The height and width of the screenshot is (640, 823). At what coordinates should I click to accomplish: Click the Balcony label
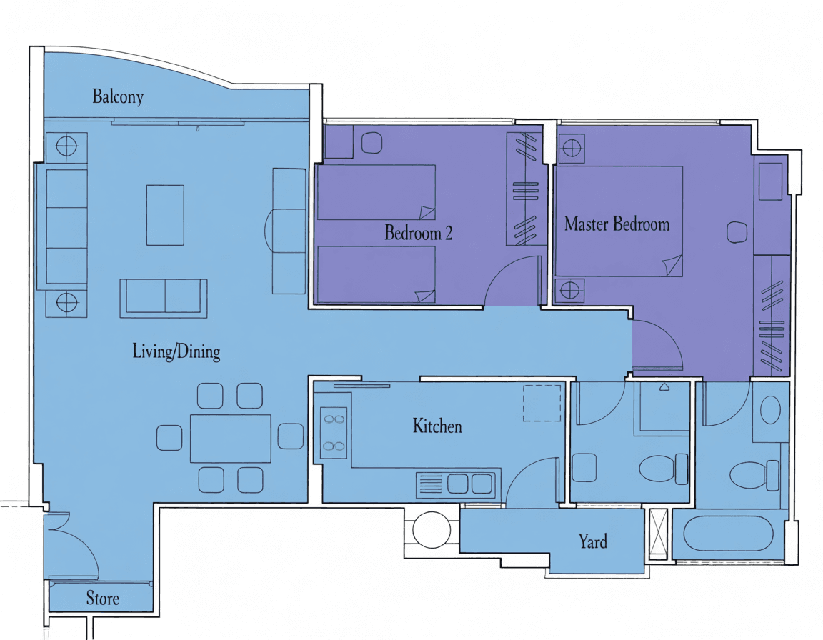(118, 96)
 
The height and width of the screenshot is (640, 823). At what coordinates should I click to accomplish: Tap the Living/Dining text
(176, 351)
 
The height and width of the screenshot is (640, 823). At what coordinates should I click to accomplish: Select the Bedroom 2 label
(419, 232)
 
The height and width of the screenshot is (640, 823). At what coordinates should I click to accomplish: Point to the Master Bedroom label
(617, 224)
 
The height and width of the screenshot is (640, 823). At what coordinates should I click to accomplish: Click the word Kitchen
(437, 426)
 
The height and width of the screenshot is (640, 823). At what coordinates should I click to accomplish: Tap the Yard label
(592, 541)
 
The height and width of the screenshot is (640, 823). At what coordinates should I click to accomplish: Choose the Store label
(102, 598)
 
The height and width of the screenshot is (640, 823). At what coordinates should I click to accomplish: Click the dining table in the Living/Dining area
(231, 438)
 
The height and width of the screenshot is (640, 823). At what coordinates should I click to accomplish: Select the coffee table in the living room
(165, 215)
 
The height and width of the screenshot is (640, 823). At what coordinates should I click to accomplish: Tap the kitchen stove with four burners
(334, 433)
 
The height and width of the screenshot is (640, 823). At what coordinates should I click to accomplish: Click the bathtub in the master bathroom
(729, 534)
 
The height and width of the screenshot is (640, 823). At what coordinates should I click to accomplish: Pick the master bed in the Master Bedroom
(618, 221)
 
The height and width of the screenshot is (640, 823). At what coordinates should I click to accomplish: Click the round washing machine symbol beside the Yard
(432, 530)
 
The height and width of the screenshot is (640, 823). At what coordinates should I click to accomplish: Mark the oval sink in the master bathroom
(770, 410)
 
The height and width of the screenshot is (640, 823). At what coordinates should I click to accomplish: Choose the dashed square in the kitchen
(542, 403)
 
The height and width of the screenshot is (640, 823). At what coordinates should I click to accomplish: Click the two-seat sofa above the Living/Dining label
(164, 298)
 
